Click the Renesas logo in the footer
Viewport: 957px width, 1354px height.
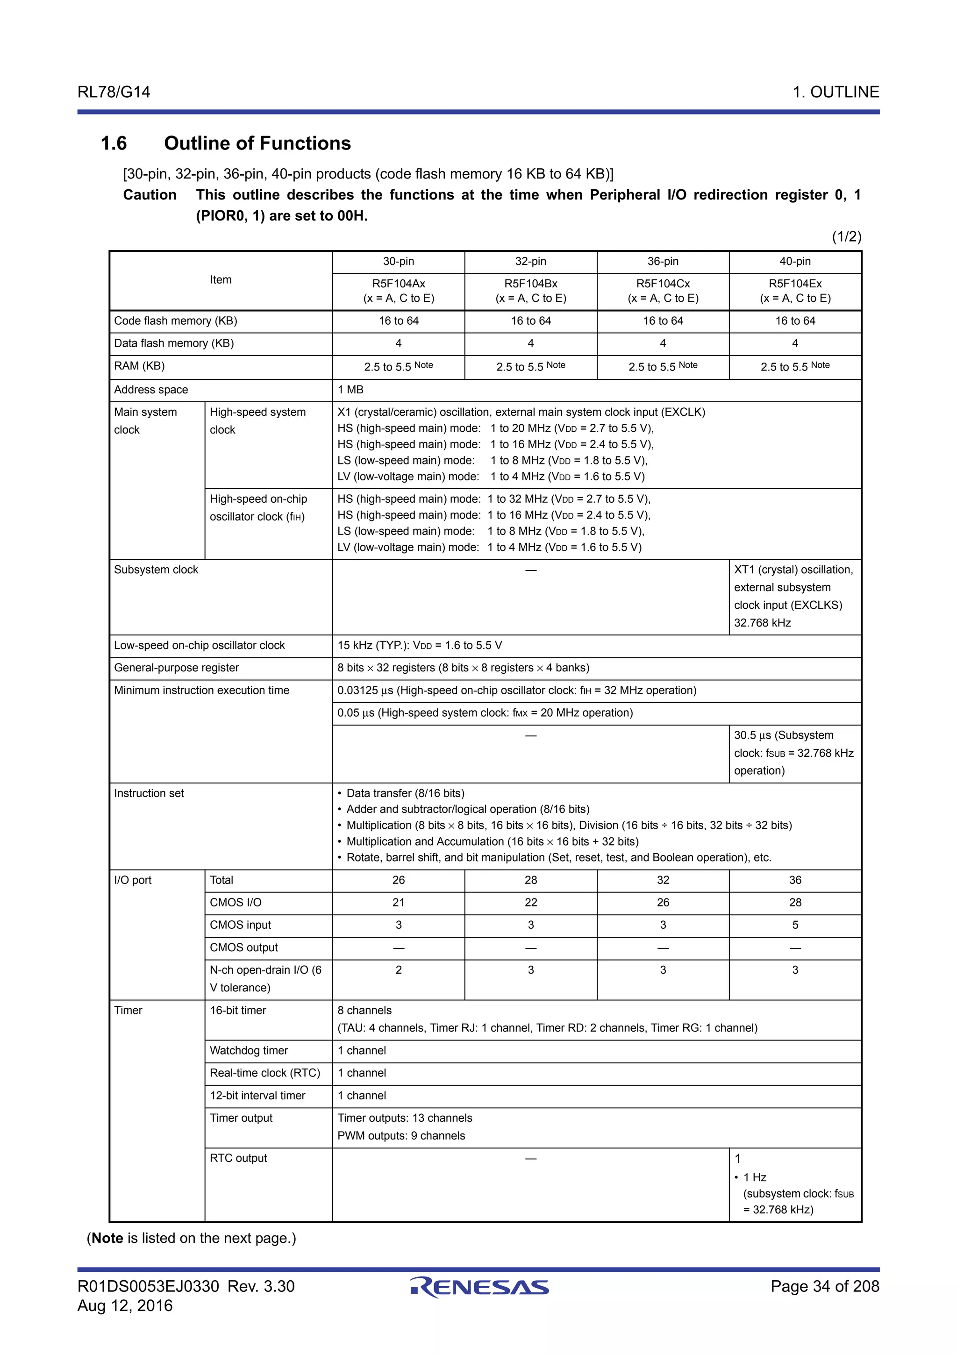click(479, 1287)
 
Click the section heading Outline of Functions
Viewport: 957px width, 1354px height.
click(257, 143)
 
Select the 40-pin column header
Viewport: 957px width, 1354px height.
click(794, 261)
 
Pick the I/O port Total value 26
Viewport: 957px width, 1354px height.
click(398, 880)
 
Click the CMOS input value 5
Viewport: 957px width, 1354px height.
click(794, 925)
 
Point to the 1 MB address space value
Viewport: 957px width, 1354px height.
click(350, 390)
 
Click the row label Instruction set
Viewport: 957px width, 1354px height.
click(149, 793)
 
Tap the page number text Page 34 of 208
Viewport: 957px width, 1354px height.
click(824, 1286)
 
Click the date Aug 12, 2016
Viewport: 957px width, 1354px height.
click(125, 1305)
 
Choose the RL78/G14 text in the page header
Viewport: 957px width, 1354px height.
click(114, 92)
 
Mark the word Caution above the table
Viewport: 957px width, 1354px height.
click(150, 195)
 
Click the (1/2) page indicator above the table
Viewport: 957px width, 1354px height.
click(846, 236)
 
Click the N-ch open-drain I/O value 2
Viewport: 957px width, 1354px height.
click(398, 969)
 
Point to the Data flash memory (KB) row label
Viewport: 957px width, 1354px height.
click(174, 343)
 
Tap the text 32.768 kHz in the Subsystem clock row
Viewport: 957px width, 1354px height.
click(762, 623)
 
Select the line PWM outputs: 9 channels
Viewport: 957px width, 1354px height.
click(401, 1136)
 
